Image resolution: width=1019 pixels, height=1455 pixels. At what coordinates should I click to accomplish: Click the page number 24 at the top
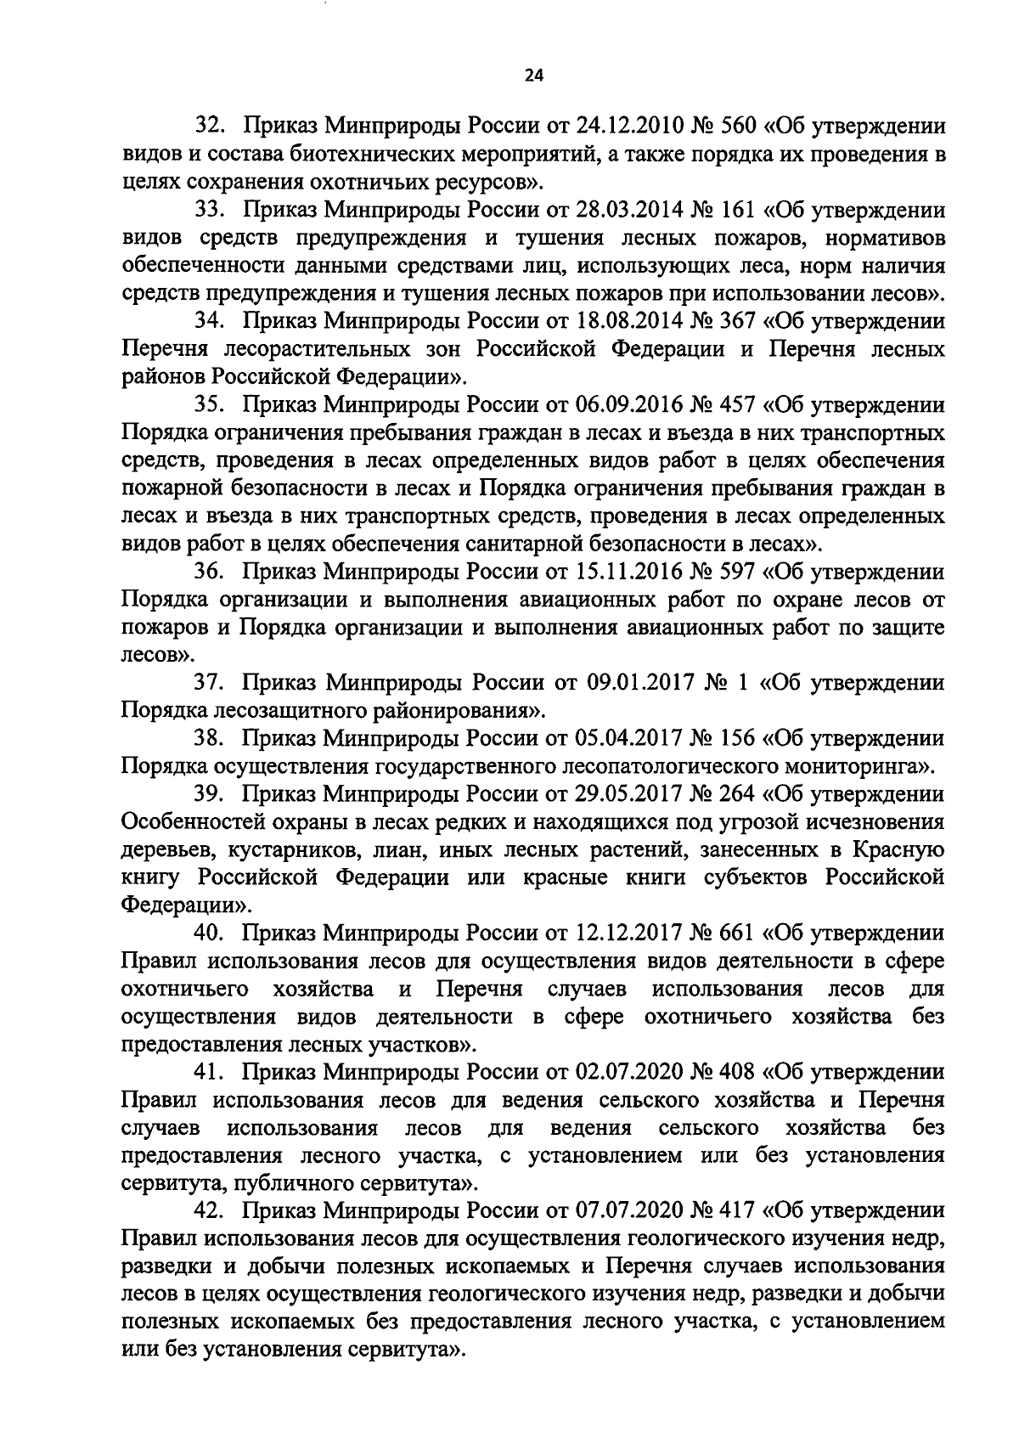pyautogui.click(x=533, y=76)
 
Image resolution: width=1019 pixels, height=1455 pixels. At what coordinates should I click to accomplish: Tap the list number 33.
pyautogui.click(x=209, y=210)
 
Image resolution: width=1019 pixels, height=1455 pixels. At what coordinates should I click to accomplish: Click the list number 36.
pyautogui.click(x=209, y=572)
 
